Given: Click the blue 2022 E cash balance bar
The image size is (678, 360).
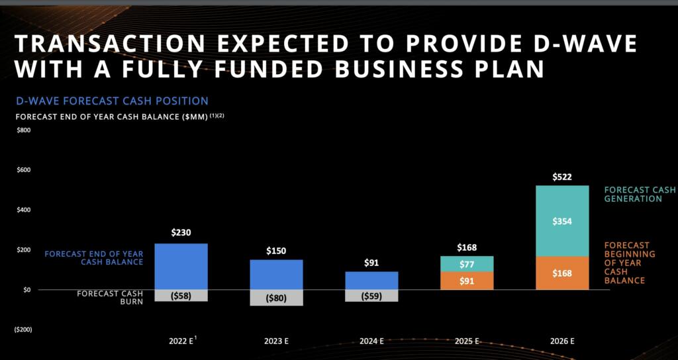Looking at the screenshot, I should pos(181,266).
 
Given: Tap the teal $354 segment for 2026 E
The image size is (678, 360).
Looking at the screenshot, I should pos(561,221).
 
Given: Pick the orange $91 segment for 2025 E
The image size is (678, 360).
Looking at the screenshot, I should pos(467,281).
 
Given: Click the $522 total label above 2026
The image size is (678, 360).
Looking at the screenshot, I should pos(561,177).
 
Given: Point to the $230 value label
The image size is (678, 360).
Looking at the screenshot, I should pos(181,233).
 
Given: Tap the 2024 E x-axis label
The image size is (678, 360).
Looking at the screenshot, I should pos(371,341).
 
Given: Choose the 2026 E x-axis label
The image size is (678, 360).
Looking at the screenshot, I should pos(561,341).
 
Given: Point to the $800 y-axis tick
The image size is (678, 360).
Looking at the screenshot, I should pos(23,130).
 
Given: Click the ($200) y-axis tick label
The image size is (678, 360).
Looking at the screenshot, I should pos(23,330).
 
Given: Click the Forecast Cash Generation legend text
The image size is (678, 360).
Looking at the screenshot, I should pos(640,194).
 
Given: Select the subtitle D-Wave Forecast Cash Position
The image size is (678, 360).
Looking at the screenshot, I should pos(112,101).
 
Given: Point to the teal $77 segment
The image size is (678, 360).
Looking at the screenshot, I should pos(467,264).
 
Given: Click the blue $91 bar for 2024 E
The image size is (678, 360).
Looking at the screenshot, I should pos(371,281).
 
